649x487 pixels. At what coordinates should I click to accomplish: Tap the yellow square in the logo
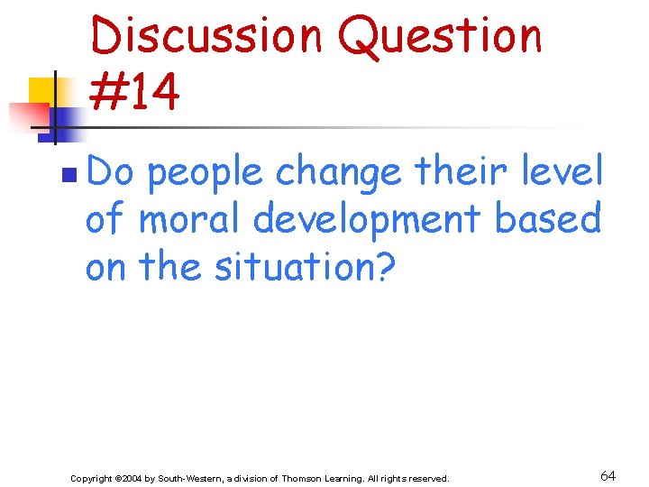click(43, 93)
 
